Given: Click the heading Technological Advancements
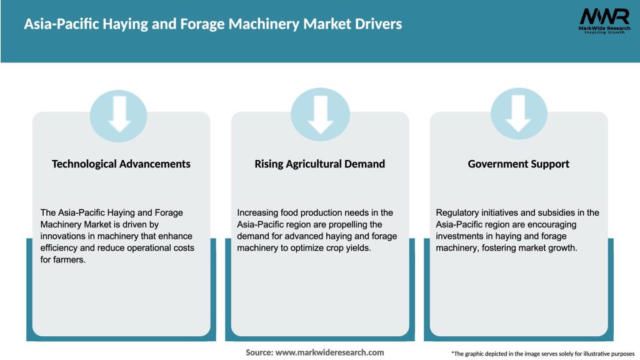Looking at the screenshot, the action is (121, 164).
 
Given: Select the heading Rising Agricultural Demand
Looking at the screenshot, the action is (319, 164).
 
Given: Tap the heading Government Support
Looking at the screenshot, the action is (518, 164).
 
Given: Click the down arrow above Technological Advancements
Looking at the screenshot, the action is (119, 113).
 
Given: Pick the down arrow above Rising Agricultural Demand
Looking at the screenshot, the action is (320, 113).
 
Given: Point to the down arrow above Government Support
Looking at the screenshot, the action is (519, 113).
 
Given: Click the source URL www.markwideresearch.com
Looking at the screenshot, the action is (329, 352).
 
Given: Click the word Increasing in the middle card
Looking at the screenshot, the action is (258, 212).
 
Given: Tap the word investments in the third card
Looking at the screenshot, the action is (463, 236).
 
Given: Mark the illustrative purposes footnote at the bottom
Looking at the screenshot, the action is (542, 353).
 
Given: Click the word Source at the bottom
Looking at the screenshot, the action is (259, 352).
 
